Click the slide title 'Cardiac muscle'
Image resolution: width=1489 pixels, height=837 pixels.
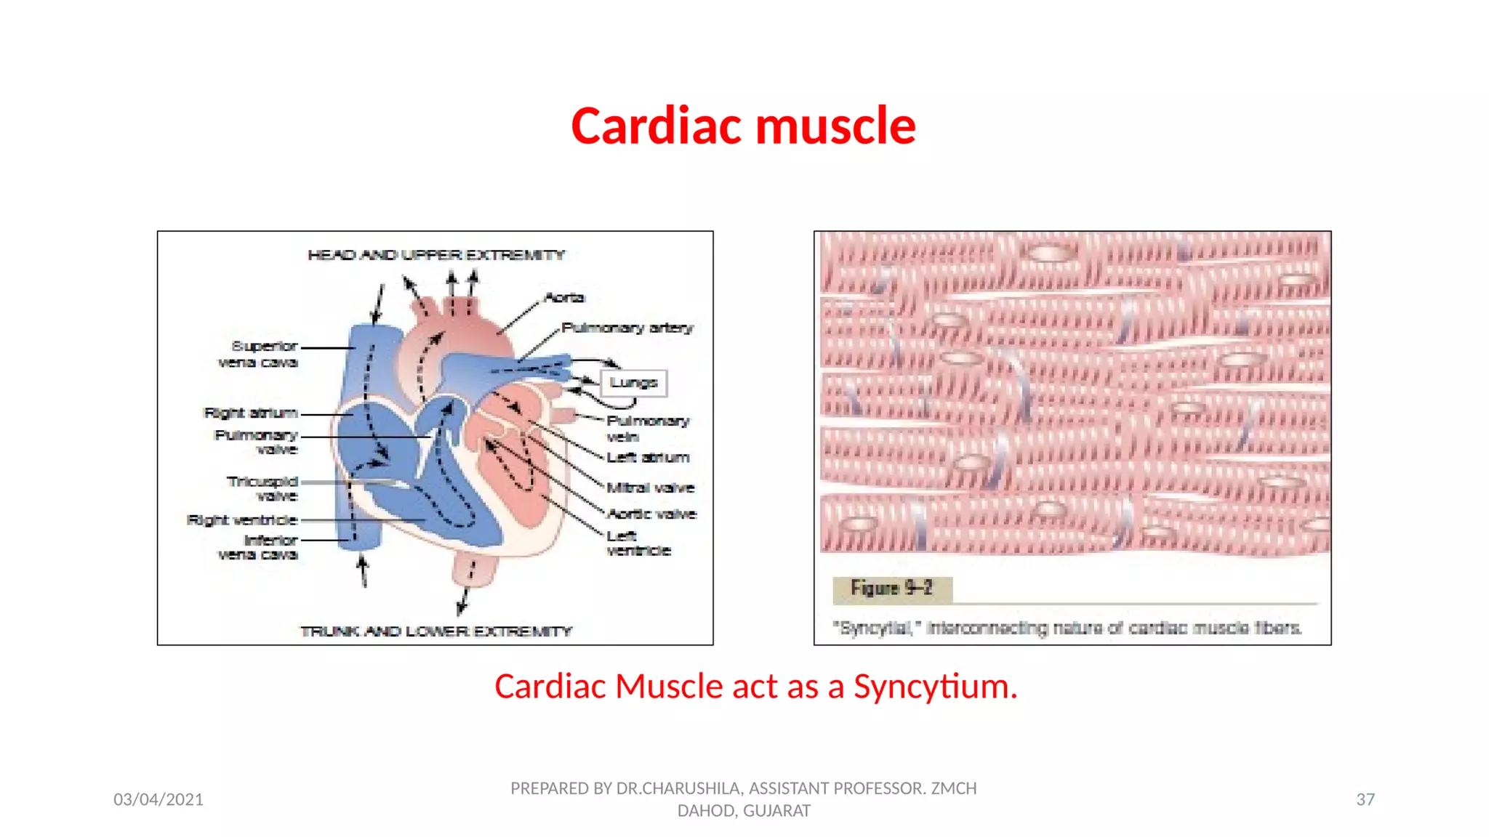tap(743, 126)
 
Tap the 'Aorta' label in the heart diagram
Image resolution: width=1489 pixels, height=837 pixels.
tap(564, 297)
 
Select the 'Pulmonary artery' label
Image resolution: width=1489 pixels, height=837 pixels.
tap(627, 328)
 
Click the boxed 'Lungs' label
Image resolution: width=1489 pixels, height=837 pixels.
tap(633, 382)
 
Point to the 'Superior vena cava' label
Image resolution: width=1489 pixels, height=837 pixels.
tap(258, 354)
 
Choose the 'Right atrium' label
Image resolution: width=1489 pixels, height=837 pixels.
tap(251, 413)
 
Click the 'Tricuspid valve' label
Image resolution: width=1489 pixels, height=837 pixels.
tap(262, 488)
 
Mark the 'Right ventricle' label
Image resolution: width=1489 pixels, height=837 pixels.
tap(242, 520)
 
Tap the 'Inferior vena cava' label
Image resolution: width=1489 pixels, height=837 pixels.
tap(259, 547)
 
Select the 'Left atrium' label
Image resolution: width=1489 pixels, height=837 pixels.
tap(648, 457)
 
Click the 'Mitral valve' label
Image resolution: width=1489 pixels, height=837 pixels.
tap(651, 488)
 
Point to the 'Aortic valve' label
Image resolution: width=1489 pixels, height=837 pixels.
tap(652, 514)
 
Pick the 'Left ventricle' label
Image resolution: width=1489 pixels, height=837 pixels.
tap(638, 543)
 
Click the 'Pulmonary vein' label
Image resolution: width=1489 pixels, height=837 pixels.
tap(646, 429)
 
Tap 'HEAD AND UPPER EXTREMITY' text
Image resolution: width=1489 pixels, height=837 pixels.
tap(436, 255)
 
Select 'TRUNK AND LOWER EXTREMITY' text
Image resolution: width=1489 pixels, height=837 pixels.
tap(436, 631)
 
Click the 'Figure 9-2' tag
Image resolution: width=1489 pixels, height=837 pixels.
tap(891, 588)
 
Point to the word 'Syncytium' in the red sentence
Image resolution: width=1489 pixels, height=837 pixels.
tap(935, 687)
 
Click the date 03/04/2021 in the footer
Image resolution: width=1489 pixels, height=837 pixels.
tap(158, 799)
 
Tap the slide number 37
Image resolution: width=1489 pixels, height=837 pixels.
tap(1365, 799)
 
